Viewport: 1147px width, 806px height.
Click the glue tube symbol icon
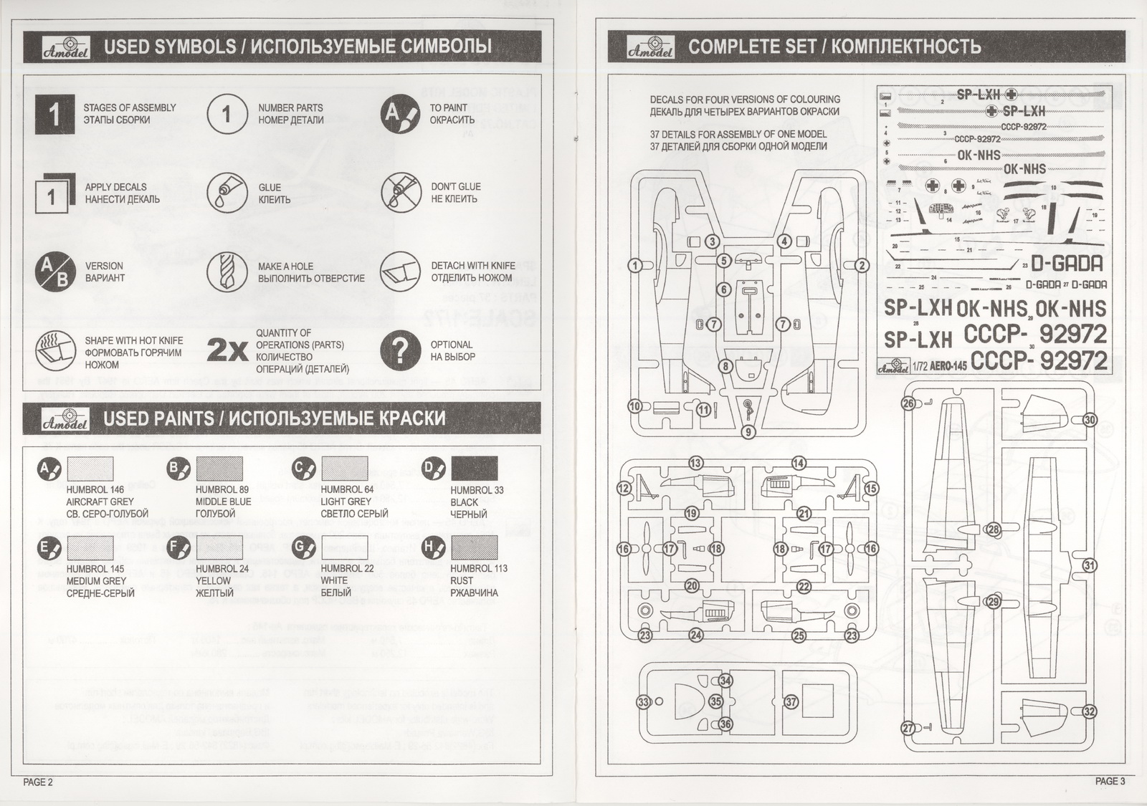click(x=227, y=193)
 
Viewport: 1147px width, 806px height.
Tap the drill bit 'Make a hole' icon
click(x=227, y=272)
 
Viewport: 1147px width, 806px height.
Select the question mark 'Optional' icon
click(x=400, y=350)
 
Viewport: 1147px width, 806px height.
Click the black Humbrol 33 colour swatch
click(x=474, y=469)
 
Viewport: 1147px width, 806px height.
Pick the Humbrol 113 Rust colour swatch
click(x=474, y=547)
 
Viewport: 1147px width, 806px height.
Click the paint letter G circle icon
click(x=304, y=549)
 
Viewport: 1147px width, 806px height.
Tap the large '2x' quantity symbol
click(x=227, y=350)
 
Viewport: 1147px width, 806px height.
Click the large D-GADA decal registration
click(x=1067, y=264)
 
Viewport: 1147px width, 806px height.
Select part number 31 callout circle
click(x=1090, y=565)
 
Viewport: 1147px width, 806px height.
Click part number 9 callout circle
click(x=748, y=432)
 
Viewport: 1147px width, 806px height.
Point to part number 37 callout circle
click(x=791, y=702)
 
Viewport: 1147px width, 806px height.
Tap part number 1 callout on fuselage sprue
click(x=635, y=266)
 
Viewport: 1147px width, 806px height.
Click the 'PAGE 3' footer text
click(x=1110, y=782)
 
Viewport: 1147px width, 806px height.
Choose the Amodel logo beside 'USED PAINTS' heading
click(x=66, y=419)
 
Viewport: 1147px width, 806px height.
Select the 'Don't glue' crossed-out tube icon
click(x=400, y=193)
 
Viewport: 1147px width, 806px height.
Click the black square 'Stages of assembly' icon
click(x=54, y=114)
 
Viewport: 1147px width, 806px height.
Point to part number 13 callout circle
click(x=695, y=464)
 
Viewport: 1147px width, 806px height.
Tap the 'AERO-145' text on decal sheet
click(x=949, y=366)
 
